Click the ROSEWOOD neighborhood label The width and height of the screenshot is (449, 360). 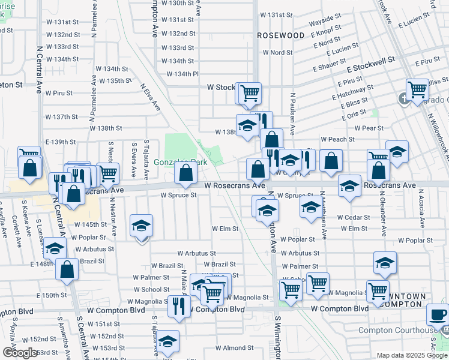point(281,35)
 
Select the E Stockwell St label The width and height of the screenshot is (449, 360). point(370,60)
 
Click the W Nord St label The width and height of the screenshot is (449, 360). point(278,52)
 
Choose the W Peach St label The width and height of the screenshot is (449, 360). point(337,139)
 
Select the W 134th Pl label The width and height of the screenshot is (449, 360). point(182,74)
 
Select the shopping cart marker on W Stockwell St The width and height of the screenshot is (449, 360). point(249,93)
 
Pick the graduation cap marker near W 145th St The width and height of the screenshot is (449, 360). point(141,226)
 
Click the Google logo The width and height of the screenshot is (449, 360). point(20,353)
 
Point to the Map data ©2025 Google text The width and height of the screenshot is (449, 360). point(411,355)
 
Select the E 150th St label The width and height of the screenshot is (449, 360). point(51,295)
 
